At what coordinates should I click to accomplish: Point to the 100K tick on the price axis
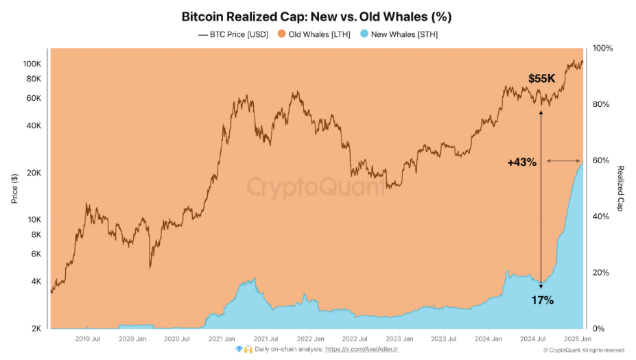click(32, 64)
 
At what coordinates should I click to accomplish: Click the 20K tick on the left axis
click(34, 173)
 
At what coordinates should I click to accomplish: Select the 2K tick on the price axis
click(36, 328)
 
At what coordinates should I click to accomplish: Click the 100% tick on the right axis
click(602, 49)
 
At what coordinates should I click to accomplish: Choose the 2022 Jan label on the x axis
click(310, 339)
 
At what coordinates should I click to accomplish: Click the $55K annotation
click(541, 79)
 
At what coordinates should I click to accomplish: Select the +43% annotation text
click(521, 162)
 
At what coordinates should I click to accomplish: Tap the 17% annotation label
click(542, 300)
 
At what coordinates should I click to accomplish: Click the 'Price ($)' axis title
click(14, 189)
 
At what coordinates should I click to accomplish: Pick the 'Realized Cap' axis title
click(620, 189)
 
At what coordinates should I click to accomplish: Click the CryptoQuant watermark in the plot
click(316, 187)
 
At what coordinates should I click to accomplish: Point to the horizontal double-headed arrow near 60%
click(564, 161)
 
